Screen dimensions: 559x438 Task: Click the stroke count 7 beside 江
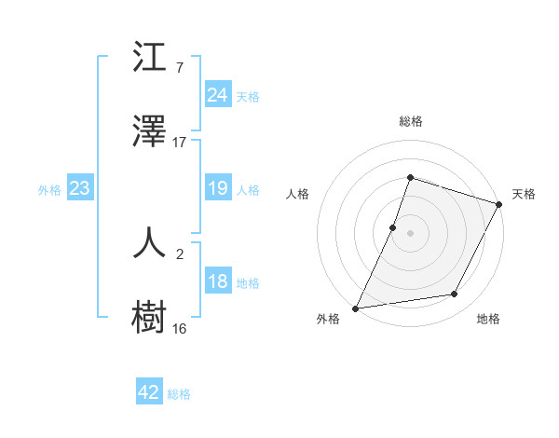point(179,68)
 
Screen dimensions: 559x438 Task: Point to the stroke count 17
point(180,143)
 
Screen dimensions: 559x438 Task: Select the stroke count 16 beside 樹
point(180,328)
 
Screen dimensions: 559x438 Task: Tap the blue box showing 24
point(218,95)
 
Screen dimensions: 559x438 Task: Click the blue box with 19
point(218,188)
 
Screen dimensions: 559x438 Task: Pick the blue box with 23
point(79,188)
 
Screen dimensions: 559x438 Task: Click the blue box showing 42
point(149,392)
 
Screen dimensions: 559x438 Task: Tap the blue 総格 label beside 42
point(179,394)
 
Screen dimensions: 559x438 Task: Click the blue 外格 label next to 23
point(49,190)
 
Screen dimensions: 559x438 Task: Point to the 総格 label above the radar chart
point(410,121)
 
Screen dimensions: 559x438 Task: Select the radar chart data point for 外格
point(356,308)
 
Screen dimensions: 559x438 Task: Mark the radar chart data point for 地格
point(455,294)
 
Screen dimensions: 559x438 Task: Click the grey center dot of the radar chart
point(410,233)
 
